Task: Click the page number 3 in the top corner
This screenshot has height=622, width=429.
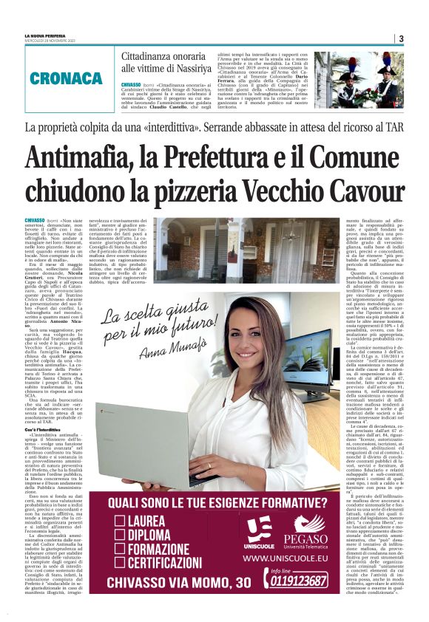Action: click(400, 38)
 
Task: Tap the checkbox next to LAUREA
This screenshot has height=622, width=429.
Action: click(120, 521)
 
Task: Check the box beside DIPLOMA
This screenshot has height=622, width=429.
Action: click(120, 536)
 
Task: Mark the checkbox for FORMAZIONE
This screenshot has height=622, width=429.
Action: click(120, 550)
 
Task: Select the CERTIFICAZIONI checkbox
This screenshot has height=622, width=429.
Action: click(120, 564)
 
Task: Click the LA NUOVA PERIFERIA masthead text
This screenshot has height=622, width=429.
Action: click(48, 35)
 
